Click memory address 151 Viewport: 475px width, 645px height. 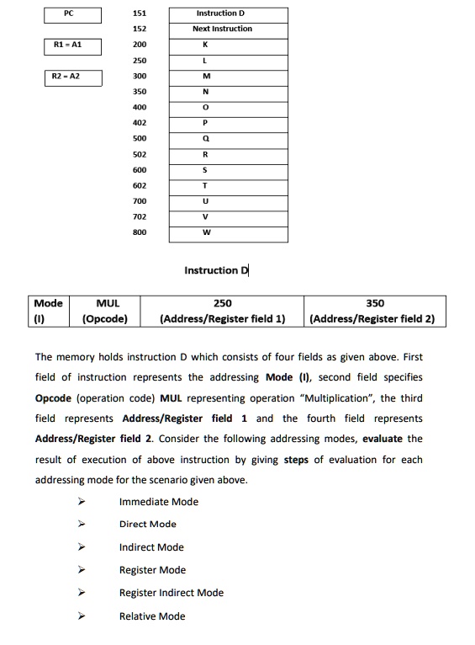(x=140, y=14)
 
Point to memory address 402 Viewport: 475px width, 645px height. (x=140, y=122)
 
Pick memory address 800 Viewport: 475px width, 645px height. (x=140, y=232)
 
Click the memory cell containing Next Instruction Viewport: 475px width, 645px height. (x=224, y=29)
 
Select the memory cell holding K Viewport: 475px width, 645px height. (x=224, y=45)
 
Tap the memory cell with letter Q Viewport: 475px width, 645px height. (x=224, y=138)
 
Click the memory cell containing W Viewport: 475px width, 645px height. (x=224, y=232)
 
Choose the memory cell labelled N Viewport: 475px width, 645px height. (x=224, y=92)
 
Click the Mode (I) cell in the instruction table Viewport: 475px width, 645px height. (x=48, y=311)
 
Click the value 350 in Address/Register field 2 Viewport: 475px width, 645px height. (x=375, y=303)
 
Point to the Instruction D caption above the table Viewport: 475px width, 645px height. (x=216, y=270)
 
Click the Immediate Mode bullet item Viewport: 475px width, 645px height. (x=159, y=502)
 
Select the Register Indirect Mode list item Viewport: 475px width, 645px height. (x=172, y=593)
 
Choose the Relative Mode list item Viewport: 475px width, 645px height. (x=152, y=616)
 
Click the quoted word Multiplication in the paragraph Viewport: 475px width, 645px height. (x=332, y=398)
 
